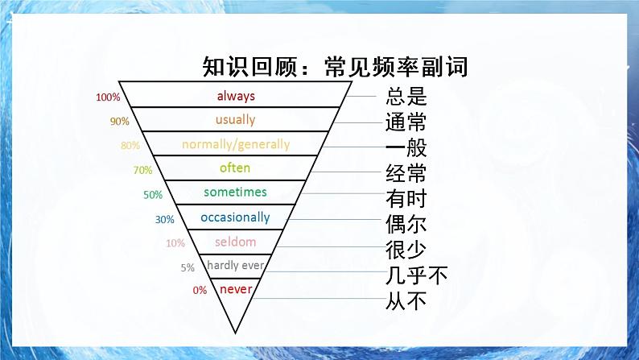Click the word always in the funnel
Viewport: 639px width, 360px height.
pyautogui.click(x=236, y=96)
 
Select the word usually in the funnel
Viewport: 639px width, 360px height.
pyautogui.click(x=235, y=120)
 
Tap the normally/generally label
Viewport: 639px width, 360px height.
pyautogui.click(x=236, y=145)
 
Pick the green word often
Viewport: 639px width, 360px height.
pyautogui.click(x=235, y=168)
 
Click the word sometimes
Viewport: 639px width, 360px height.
pyautogui.click(x=235, y=192)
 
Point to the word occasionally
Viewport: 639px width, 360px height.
pyautogui.click(x=235, y=217)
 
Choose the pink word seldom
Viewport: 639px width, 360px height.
pyautogui.click(x=235, y=242)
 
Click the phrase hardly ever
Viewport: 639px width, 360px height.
pyautogui.click(x=235, y=265)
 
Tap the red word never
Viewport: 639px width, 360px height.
pyautogui.click(x=236, y=289)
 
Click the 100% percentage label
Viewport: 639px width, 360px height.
pyautogui.click(x=108, y=98)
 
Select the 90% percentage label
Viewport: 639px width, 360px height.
pyautogui.click(x=120, y=122)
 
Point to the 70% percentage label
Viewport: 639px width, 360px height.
pyautogui.click(x=142, y=171)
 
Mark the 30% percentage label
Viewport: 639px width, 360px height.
pyautogui.click(x=164, y=219)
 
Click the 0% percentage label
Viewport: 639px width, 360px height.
pyautogui.click(x=200, y=291)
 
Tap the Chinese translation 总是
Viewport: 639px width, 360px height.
pyautogui.click(x=406, y=98)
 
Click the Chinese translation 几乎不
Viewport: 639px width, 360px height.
pyautogui.click(x=416, y=276)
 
